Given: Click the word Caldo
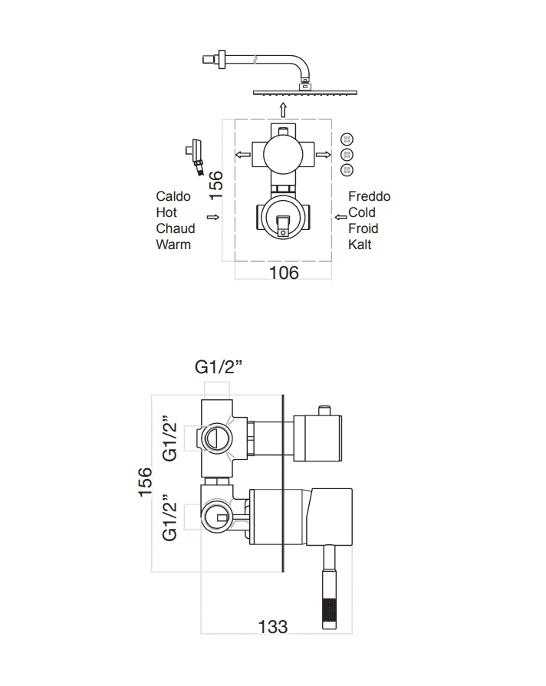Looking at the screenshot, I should point(172,197).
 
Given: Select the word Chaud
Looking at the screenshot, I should point(176,228).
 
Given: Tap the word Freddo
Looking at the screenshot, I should point(369,197).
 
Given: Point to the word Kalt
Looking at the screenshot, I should point(360,245).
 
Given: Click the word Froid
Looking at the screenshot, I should point(363,228).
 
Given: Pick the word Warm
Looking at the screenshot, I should point(173,245).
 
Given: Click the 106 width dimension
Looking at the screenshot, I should point(283,272).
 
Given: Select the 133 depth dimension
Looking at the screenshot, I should point(273,627).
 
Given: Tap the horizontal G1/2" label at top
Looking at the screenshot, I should point(218,367).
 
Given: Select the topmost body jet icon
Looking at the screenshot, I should point(346,139).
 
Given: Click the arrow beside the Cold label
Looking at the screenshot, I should point(340,217).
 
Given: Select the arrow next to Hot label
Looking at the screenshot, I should point(218,217).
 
